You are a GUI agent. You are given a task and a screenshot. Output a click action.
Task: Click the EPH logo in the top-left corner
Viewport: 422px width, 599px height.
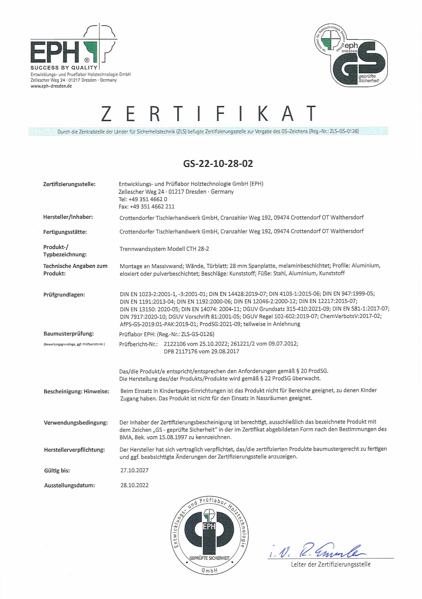coord(73,46)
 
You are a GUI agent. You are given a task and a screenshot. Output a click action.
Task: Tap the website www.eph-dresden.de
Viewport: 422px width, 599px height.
coord(51,86)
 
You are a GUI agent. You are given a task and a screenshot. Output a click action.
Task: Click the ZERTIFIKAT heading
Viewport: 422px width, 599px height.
coord(209,114)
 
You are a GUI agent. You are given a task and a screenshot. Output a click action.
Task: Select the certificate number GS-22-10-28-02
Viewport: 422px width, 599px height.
coord(218,164)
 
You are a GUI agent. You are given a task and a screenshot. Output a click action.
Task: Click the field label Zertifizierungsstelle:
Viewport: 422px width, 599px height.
coord(69,184)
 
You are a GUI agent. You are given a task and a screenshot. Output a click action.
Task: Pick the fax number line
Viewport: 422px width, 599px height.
coord(147,207)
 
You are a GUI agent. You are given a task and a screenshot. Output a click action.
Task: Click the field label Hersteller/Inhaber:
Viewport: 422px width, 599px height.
coord(68,217)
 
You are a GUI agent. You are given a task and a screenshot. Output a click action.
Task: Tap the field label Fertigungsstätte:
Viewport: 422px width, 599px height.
coord(65,232)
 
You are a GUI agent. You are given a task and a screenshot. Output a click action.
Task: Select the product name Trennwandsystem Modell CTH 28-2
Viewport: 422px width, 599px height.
coord(164,249)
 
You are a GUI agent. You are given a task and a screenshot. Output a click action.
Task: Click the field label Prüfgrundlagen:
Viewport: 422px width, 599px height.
coord(64,295)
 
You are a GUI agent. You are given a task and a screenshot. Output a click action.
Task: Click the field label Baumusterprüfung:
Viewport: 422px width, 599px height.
coord(69,334)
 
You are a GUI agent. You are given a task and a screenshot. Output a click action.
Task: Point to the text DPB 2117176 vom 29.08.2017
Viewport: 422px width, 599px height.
coord(202,351)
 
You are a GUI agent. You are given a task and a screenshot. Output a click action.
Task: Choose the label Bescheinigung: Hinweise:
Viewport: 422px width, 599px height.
coord(76,392)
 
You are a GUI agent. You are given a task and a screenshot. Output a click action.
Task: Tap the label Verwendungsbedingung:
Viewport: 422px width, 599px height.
coord(76,423)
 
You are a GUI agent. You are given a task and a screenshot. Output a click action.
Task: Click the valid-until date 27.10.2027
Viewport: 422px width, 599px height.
coord(134,471)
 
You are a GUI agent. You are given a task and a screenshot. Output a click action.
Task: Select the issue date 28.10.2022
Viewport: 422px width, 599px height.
coord(134,485)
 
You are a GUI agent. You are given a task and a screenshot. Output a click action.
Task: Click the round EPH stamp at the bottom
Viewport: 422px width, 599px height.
coord(209,535)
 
